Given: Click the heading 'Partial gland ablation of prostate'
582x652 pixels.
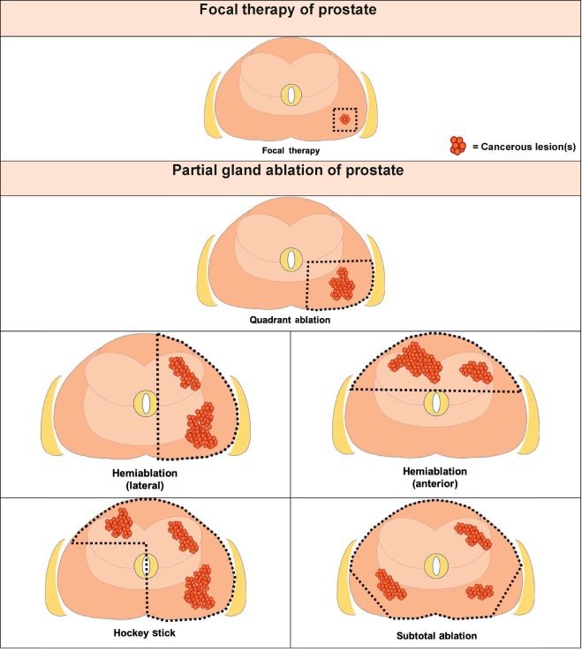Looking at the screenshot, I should [291, 171].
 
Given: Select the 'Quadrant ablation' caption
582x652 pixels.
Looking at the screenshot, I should [290, 320].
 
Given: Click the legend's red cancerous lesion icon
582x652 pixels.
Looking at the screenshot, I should [457, 145].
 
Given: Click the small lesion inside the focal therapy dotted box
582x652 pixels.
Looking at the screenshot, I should [345, 118].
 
